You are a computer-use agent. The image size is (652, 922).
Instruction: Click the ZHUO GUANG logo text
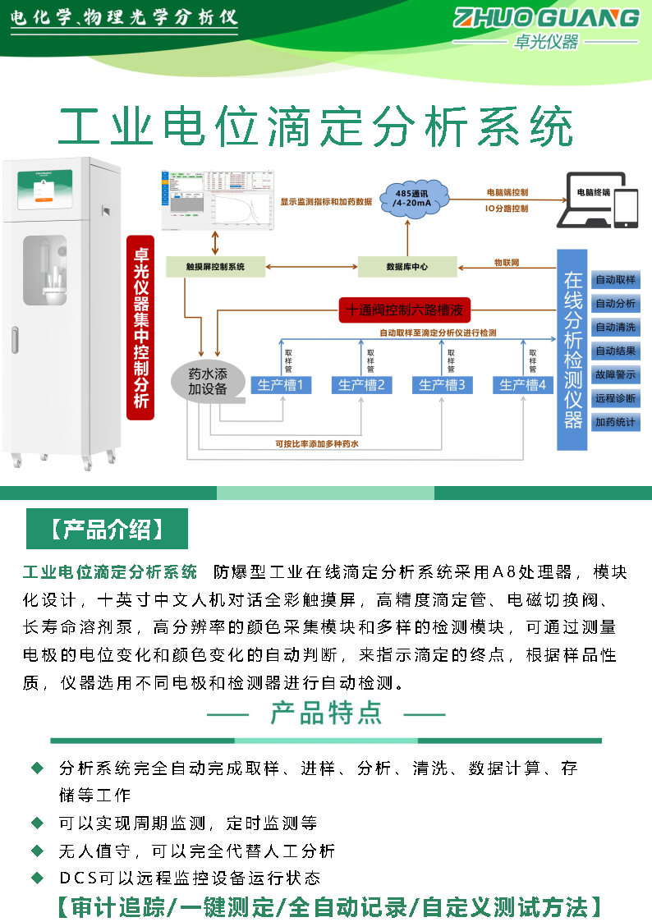[546, 18]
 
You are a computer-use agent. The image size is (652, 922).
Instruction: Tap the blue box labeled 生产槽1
[281, 384]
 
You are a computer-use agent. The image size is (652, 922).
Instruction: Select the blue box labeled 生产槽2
[361, 384]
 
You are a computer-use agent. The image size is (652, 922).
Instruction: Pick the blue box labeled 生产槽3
[442, 384]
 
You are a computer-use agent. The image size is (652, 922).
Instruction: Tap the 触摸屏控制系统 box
[215, 266]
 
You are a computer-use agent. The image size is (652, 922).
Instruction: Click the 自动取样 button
[615, 280]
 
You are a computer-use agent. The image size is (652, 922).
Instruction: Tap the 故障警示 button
[615, 374]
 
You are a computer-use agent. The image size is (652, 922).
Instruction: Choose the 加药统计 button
[615, 422]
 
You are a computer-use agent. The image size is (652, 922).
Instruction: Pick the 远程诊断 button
[615, 398]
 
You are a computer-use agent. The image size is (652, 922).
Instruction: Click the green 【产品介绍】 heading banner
[107, 529]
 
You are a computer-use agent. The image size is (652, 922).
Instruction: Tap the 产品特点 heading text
[326, 713]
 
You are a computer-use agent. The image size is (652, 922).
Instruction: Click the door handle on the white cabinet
[15, 340]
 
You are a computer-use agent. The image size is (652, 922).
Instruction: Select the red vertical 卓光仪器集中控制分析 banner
[141, 328]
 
